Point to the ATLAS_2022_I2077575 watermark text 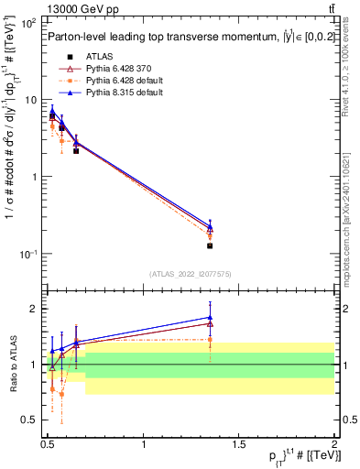click(x=190, y=274)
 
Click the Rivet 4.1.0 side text click(x=349, y=78)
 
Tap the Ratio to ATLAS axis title click(x=12, y=365)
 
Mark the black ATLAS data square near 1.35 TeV click(x=210, y=245)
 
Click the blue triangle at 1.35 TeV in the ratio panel click(x=210, y=318)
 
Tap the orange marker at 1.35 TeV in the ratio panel click(x=210, y=340)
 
